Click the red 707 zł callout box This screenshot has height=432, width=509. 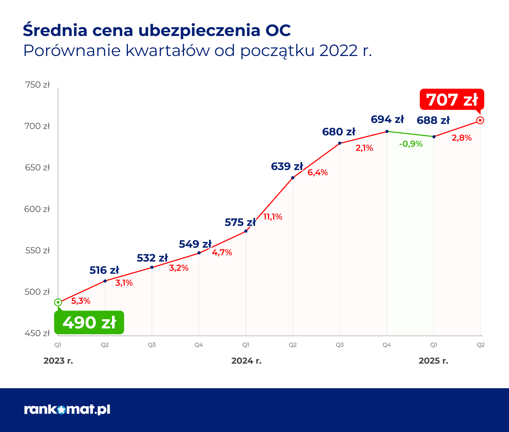click(452, 100)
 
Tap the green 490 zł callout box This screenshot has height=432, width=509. click(89, 322)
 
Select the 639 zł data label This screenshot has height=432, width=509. click(287, 167)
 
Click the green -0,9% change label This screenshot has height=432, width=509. click(411, 144)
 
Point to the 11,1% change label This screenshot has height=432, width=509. click(273, 217)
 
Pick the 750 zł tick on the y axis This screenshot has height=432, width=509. click(37, 85)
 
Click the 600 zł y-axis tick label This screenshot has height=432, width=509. click(37, 209)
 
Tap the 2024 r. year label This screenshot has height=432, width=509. click(246, 361)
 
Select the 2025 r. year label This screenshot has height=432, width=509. click(433, 361)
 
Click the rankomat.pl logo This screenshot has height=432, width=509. click(67, 410)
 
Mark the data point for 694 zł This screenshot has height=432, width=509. click(387, 131)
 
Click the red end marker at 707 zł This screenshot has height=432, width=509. click(480, 120)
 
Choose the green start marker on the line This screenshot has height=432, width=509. click(58, 302)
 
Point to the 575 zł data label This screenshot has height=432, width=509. click(240, 223)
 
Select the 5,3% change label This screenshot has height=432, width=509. click(81, 301)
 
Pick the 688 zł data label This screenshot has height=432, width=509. click(433, 120)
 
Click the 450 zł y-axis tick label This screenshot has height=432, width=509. click(37, 333)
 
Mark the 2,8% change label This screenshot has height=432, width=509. click(461, 138)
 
